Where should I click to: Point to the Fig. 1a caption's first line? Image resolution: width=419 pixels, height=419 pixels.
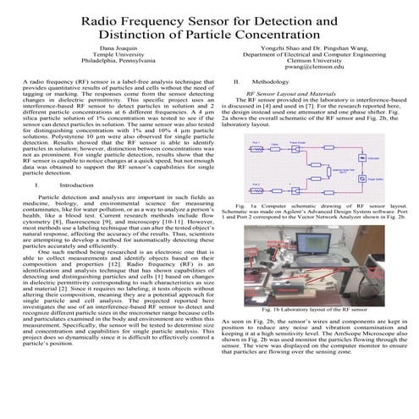313,206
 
